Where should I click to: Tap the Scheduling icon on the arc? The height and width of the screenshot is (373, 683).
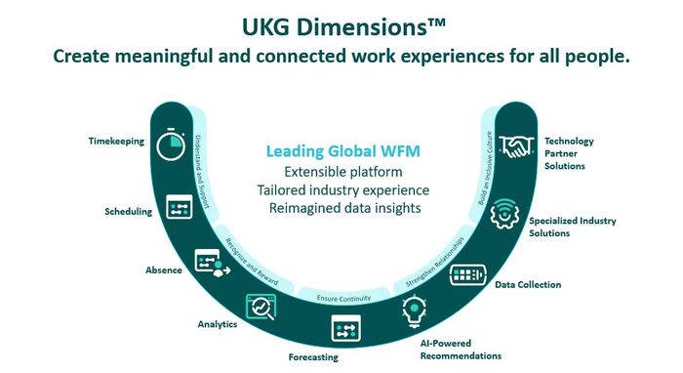click(x=179, y=207)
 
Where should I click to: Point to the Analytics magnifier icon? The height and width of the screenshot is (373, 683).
click(x=262, y=308)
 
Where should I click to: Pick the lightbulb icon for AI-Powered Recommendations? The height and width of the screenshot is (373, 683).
click(x=414, y=312)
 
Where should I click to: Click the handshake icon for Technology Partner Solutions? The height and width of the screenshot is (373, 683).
click(x=514, y=147)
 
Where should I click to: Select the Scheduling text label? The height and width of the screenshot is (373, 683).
click(x=127, y=211)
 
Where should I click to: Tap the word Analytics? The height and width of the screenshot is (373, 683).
click(x=216, y=324)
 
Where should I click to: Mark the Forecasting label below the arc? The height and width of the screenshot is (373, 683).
click(x=313, y=357)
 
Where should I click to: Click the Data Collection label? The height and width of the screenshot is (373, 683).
click(x=528, y=285)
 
